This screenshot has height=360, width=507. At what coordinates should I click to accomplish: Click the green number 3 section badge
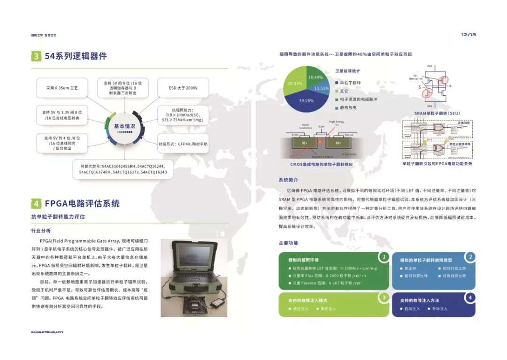[x=36, y=56]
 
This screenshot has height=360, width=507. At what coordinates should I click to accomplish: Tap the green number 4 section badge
[x=36, y=204]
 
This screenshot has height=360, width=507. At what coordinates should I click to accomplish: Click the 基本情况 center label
[x=124, y=126]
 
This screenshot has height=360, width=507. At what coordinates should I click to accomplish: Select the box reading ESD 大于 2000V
[x=183, y=88]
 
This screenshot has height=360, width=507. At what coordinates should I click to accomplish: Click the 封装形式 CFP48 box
[x=183, y=144]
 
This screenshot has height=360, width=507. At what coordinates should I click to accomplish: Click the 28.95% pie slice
[x=295, y=83]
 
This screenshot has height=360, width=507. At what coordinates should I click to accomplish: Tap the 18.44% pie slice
[x=315, y=77]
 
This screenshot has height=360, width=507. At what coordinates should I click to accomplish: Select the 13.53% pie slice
[x=322, y=88]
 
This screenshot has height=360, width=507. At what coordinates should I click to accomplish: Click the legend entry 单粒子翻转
[x=350, y=83]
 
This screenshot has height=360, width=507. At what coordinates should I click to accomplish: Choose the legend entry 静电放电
[x=348, y=107]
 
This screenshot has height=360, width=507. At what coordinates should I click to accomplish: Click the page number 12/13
[x=469, y=35]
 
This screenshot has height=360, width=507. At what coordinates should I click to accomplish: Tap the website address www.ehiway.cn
[x=47, y=332]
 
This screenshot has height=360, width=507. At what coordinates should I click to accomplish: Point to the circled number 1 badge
[x=384, y=257]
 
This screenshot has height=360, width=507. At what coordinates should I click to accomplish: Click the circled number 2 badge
[x=470, y=257]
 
